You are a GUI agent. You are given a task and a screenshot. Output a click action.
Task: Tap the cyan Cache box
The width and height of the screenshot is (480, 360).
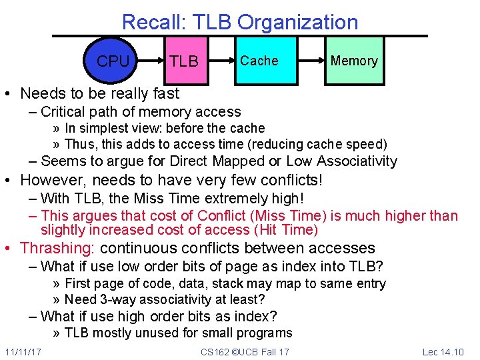[259, 61]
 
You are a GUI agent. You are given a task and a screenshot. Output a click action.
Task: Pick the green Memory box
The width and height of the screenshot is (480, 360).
[354, 61]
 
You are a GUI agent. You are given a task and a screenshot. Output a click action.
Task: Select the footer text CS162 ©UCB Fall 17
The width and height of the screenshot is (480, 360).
[245, 351]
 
